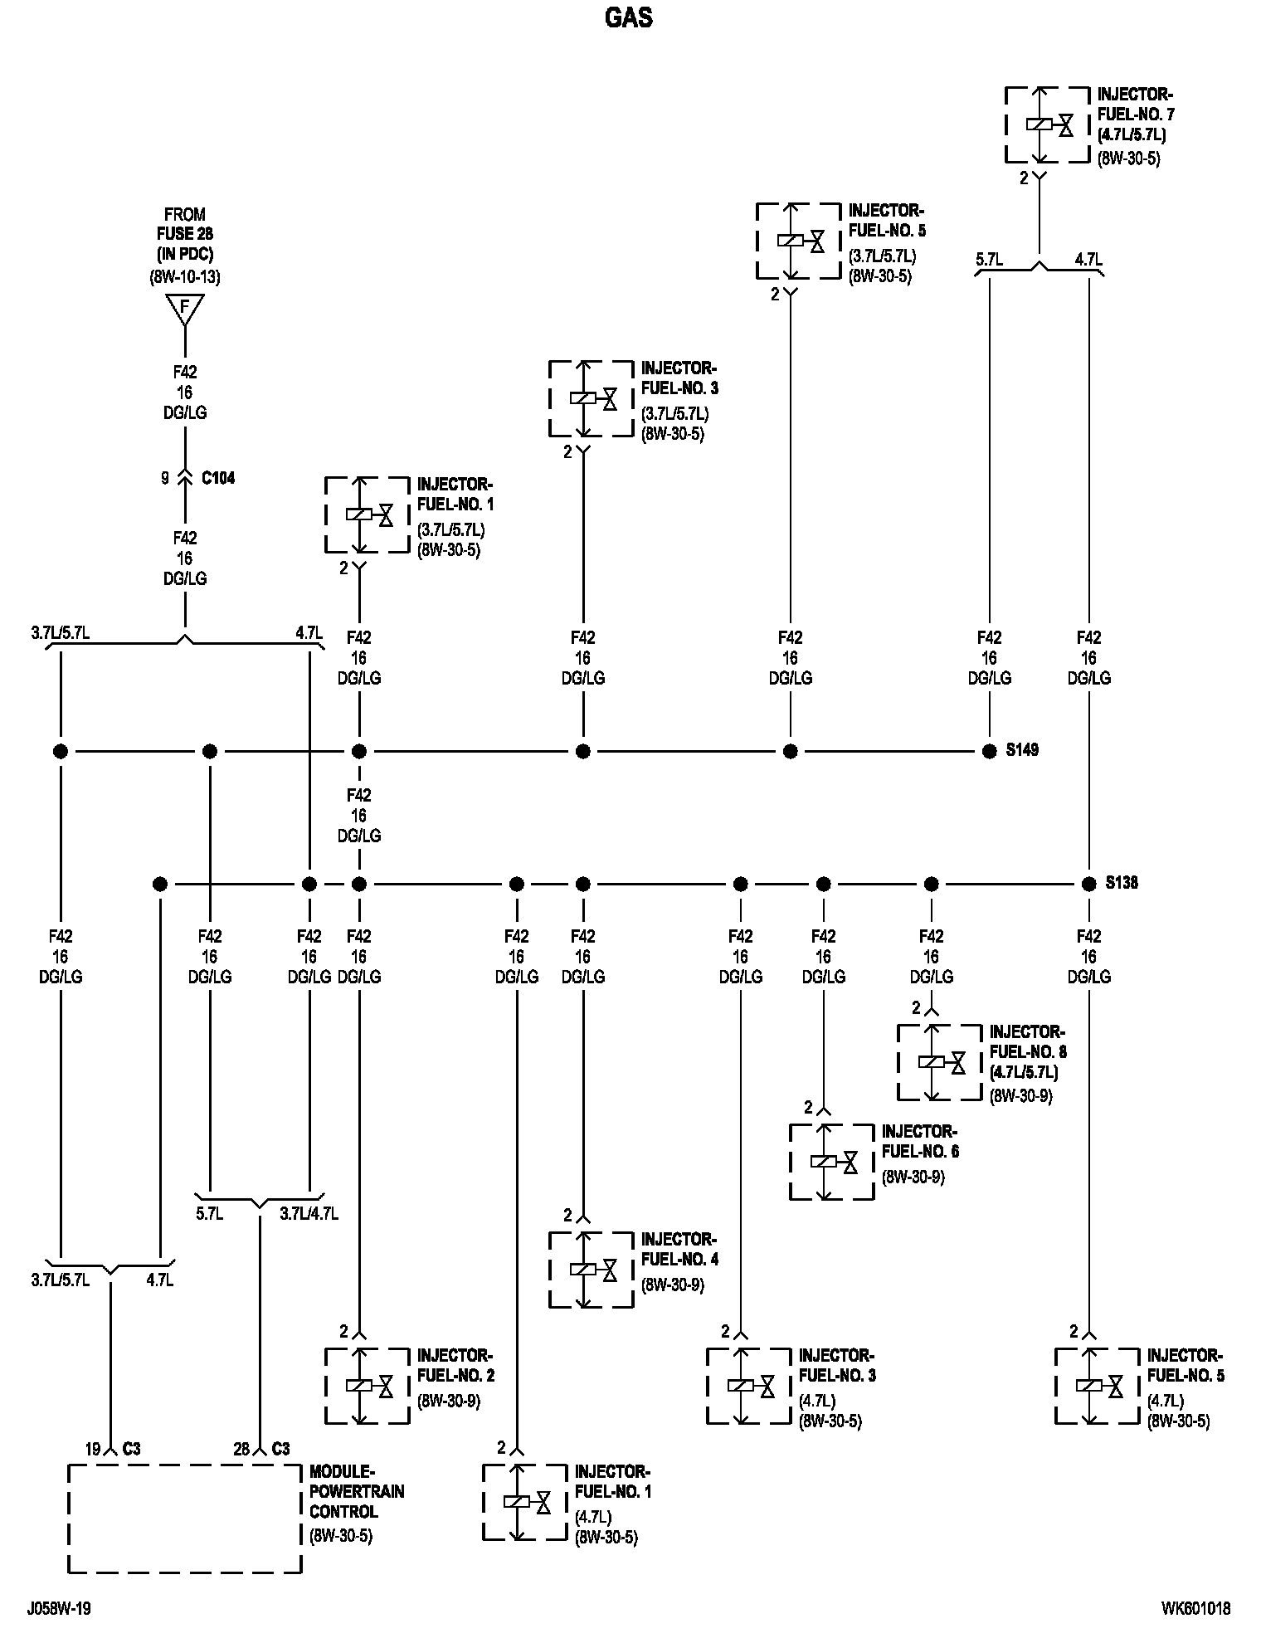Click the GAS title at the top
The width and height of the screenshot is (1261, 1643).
point(629,17)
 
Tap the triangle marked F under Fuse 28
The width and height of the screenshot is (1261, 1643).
point(185,310)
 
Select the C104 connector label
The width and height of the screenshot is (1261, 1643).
point(218,478)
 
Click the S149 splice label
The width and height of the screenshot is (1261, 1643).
point(1022,750)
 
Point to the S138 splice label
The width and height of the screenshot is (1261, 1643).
point(1122,883)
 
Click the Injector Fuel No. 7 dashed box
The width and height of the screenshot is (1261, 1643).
point(1047,124)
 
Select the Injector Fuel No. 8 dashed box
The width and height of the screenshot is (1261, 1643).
point(939,1062)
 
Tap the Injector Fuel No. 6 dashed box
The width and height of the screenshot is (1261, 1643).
point(831,1162)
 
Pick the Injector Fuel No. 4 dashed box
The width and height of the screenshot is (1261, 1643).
point(591,1270)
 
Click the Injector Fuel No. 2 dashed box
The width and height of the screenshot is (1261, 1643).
point(367,1386)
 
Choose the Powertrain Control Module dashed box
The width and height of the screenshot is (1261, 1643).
point(184,1518)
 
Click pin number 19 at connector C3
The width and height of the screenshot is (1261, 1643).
point(93,1449)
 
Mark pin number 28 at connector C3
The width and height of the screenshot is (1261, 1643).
point(241,1449)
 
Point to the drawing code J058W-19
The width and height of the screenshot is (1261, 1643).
point(59,1608)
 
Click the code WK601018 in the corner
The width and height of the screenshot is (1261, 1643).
point(1195,1608)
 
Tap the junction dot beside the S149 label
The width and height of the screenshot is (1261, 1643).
point(989,751)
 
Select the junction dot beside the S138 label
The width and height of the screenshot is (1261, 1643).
point(1088,884)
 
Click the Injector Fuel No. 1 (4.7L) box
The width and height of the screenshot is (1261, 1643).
point(524,1502)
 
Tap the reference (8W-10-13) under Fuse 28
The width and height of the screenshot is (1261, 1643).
point(185,277)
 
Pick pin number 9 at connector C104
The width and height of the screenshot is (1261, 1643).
point(165,478)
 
